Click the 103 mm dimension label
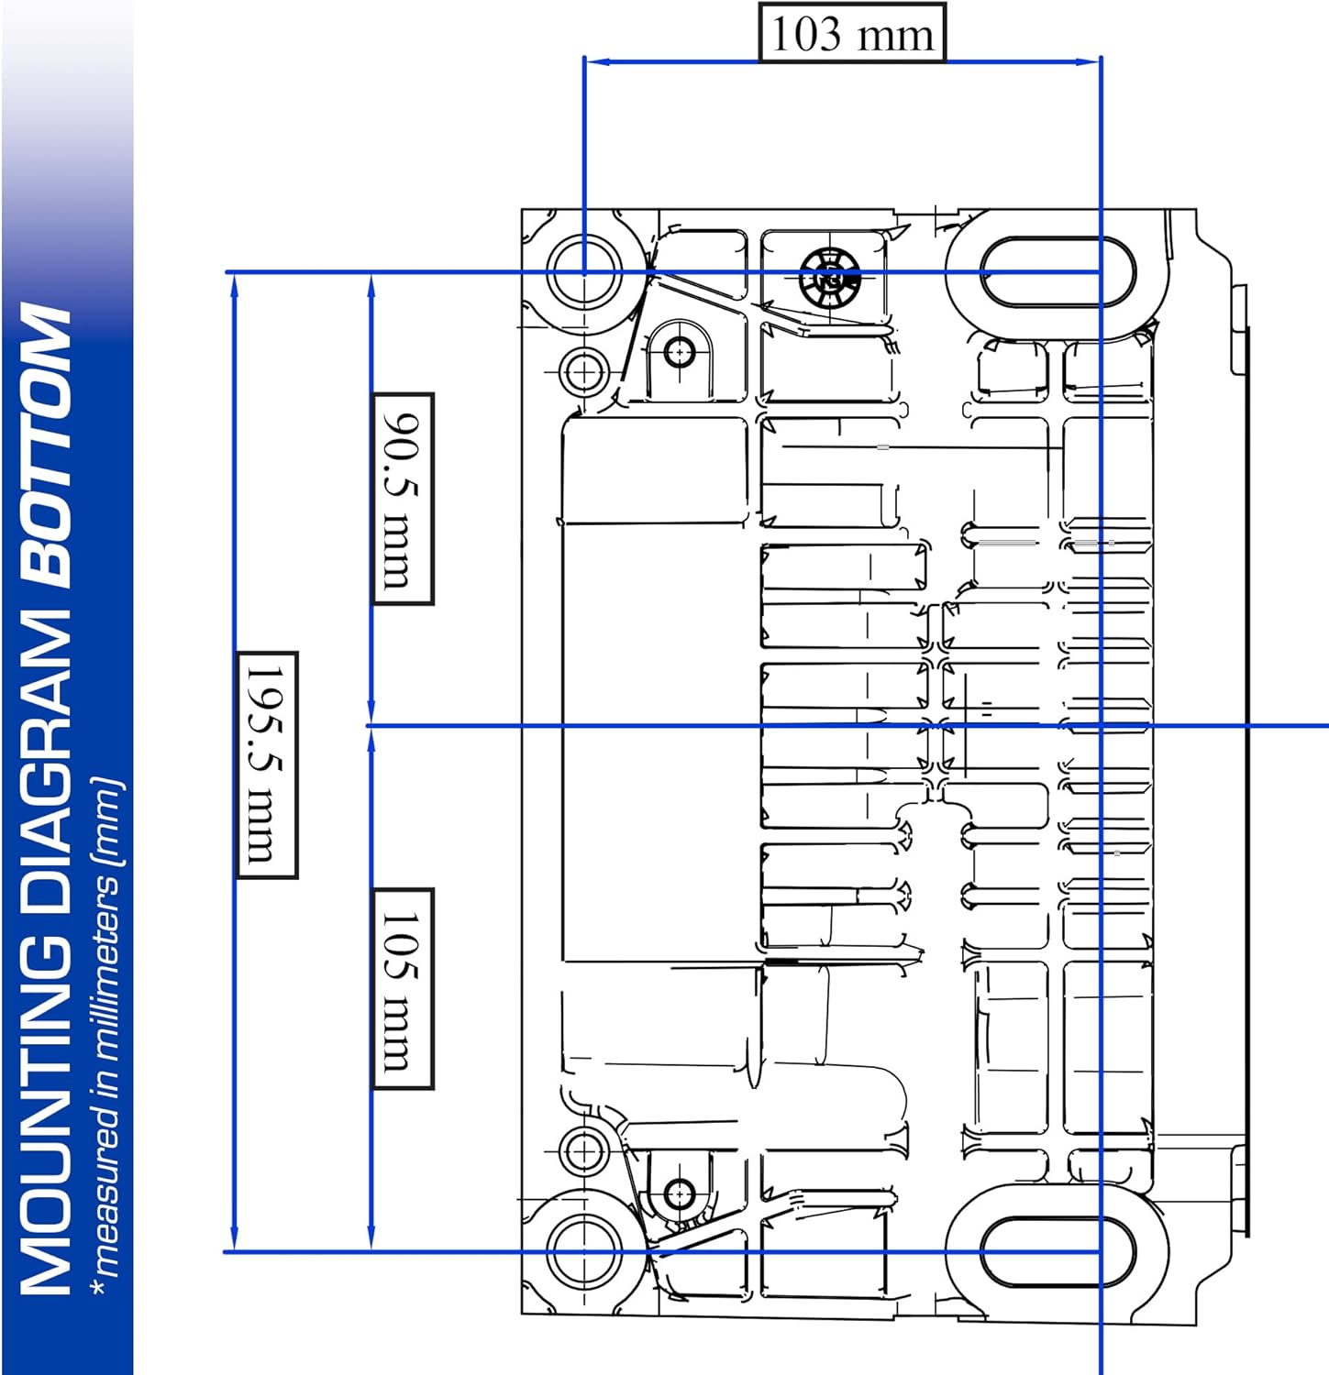coord(852,35)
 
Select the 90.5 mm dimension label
coord(403,500)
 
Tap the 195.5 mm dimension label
coord(267,764)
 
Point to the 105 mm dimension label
coord(403,989)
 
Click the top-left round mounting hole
coord(584,272)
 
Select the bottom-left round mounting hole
coord(584,1250)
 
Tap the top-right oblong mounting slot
coord(1057,272)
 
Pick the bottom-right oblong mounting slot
coord(1057,1251)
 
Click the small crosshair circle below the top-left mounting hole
coord(583,372)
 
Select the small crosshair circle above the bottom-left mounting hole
coord(583,1150)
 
